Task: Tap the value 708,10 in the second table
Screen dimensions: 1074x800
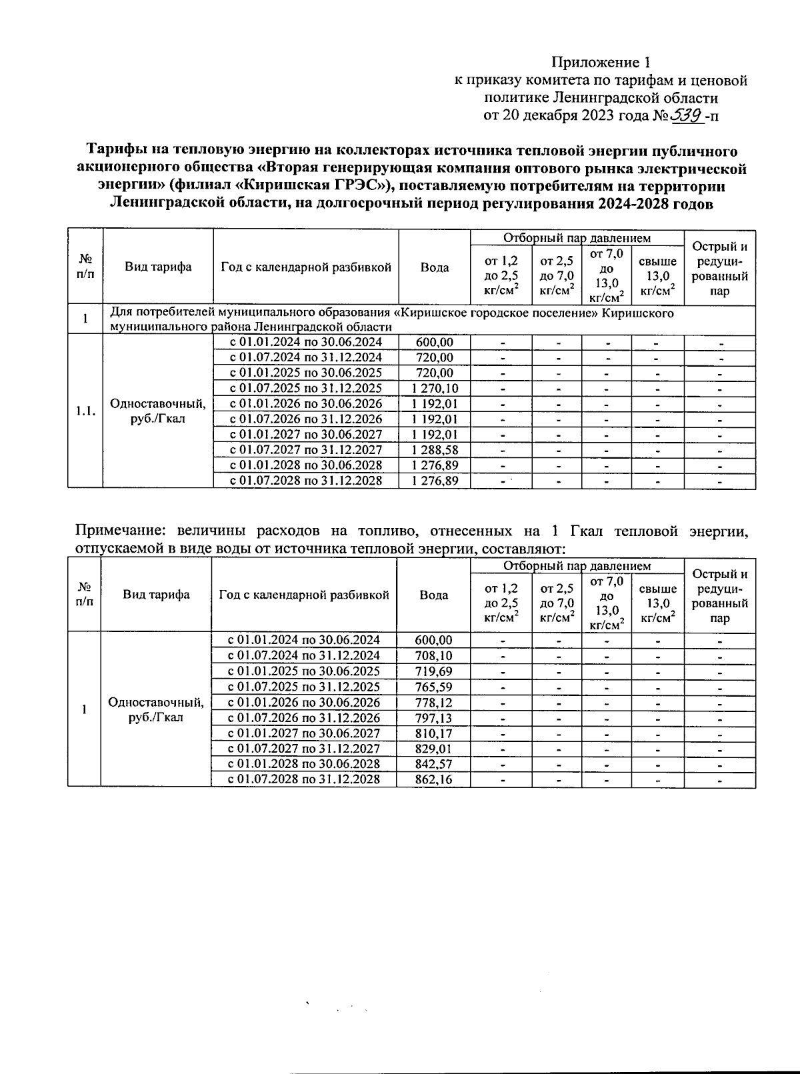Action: tap(433, 656)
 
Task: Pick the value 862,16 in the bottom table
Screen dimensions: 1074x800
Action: tap(433, 779)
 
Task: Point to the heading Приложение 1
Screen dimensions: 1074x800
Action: tap(600, 63)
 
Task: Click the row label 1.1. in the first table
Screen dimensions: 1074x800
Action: tap(85, 411)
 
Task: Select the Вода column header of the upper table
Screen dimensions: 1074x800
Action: tap(435, 267)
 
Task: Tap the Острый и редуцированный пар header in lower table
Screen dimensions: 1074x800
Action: tap(720, 595)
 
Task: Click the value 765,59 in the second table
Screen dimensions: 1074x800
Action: tap(433, 687)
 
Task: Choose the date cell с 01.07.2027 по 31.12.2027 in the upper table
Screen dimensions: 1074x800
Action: tap(306, 450)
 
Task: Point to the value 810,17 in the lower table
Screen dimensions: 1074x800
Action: tap(433, 733)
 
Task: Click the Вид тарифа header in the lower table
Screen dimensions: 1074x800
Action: tap(156, 595)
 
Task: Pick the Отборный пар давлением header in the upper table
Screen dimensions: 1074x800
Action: tap(577, 238)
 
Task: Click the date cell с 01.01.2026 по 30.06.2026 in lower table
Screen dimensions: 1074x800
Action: tap(304, 702)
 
